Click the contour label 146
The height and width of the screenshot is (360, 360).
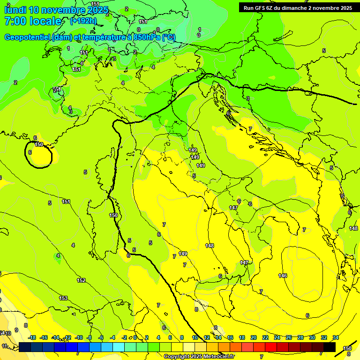(x=282, y=275)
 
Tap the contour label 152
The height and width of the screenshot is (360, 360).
(x=81, y=280)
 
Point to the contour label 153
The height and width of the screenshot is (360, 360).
(x=63, y=298)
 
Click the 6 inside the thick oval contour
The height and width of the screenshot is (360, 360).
(x=30, y=152)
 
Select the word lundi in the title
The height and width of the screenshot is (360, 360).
(x=15, y=10)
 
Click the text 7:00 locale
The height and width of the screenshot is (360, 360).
(x=33, y=21)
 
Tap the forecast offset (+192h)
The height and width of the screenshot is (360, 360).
(x=83, y=21)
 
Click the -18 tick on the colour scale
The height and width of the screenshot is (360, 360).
(x=32, y=337)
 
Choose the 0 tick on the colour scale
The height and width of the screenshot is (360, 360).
(x=135, y=337)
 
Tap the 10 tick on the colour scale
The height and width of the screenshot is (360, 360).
(x=195, y=337)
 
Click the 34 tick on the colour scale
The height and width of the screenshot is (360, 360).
(x=336, y=337)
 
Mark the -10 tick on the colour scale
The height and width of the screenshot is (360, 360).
(x=79, y=337)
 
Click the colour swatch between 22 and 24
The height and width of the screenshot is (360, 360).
(x=271, y=347)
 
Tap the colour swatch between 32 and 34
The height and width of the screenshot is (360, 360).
(x=330, y=347)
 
